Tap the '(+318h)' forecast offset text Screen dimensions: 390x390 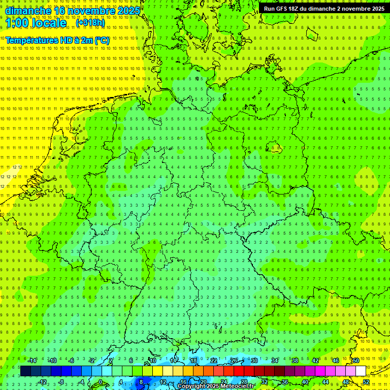pyautogui.click(x=90, y=23)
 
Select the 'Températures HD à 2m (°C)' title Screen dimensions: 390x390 pyautogui.click(x=57, y=40)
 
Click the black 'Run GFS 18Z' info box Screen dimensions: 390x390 pyautogui.click(x=324, y=9)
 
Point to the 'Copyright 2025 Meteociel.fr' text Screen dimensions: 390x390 pyautogui.click(x=215, y=386)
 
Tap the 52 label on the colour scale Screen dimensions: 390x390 pyautogui.click(x=366, y=382)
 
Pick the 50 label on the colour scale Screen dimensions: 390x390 pyautogui.click(x=355, y=361)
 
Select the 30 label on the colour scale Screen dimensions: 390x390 pyautogui.click(x=254, y=361)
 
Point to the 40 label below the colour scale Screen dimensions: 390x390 pyautogui.click(x=305, y=382)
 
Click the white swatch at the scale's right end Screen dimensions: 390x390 pyautogui.click(x=361, y=371)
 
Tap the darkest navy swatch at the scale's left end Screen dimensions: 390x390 pyautogui.click(x=25, y=371)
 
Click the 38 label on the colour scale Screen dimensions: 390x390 pyautogui.click(x=295, y=361)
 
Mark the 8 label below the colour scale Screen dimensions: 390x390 pyautogui.click(x=141, y=382)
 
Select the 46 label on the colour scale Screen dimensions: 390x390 pyautogui.click(x=335, y=361)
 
